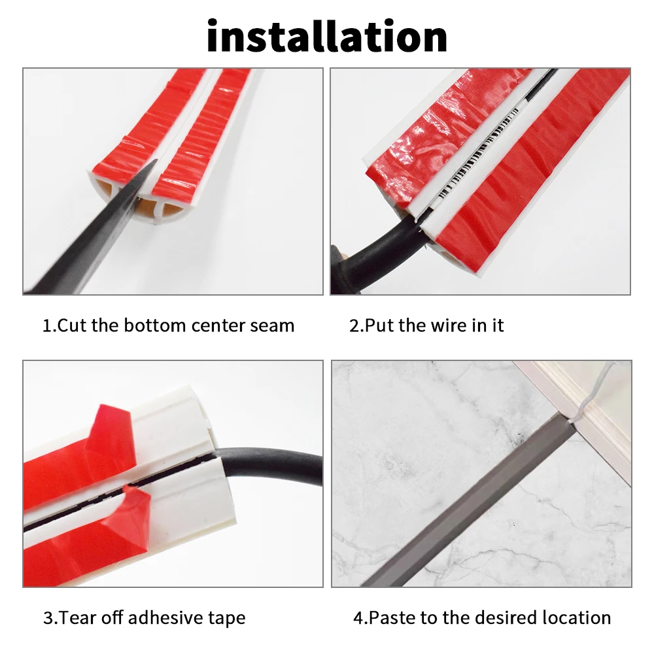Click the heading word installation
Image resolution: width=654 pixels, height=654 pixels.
tap(327, 36)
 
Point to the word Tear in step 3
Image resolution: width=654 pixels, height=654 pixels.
tap(78, 618)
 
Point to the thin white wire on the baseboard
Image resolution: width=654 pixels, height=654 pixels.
tap(593, 392)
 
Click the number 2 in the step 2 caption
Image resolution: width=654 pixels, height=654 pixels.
tap(354, 326)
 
